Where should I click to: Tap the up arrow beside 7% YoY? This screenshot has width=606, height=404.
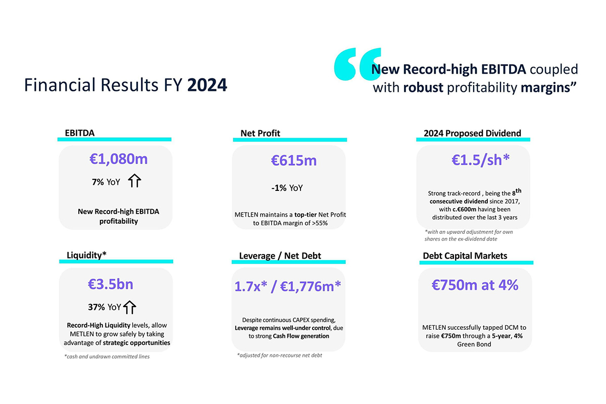tap(134, 181)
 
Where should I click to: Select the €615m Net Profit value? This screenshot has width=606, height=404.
tap(294, 161)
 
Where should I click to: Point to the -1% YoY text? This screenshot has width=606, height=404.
tap(287, 188)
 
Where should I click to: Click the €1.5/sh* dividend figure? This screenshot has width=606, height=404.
tap(480, 160)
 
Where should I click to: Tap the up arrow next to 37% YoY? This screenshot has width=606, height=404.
tap(130, 307)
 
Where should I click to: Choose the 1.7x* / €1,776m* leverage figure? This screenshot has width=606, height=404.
tap(288, 286)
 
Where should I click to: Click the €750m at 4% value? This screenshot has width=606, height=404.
tap(475, 285)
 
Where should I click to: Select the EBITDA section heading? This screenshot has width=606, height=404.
tap(80, 133)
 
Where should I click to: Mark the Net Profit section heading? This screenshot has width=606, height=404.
tap(260, 133)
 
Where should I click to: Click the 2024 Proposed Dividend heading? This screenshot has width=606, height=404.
tap(472, 133)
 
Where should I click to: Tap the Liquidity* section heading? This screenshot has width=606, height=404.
tap(86, 255)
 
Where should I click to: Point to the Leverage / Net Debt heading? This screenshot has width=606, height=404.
tap(280, 256)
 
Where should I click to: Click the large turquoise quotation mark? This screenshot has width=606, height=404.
tap(357, 64)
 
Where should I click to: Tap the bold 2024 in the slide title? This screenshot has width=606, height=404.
tap(207, 85)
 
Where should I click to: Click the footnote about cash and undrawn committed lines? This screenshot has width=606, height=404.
tap(107, 357)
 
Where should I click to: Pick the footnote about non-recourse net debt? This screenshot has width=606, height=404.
tap(279, 355)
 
